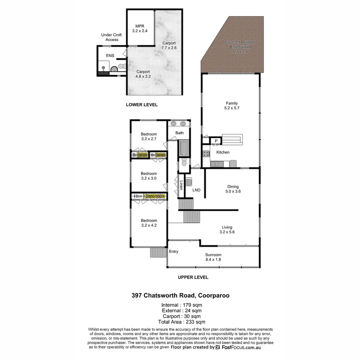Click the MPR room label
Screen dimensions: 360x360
140,28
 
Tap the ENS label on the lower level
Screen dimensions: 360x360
110,55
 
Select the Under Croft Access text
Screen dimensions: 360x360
112,37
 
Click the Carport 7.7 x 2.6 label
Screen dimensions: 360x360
169,45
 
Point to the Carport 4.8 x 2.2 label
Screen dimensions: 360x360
143,74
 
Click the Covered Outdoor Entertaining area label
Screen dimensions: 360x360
240,45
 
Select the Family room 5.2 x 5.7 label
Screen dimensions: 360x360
232,106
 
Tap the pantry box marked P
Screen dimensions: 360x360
216,141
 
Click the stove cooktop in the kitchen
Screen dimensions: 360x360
206,154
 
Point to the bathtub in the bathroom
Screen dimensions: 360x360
184,148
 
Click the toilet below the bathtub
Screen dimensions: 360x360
184,163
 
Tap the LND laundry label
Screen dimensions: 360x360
197,190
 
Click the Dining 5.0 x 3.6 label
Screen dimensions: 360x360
233,189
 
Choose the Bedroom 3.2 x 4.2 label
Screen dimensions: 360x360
149,223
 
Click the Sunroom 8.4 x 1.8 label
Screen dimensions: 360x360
213,257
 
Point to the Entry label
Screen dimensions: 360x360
174,252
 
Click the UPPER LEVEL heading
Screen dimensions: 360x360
193,277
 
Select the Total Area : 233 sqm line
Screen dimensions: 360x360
182,322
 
